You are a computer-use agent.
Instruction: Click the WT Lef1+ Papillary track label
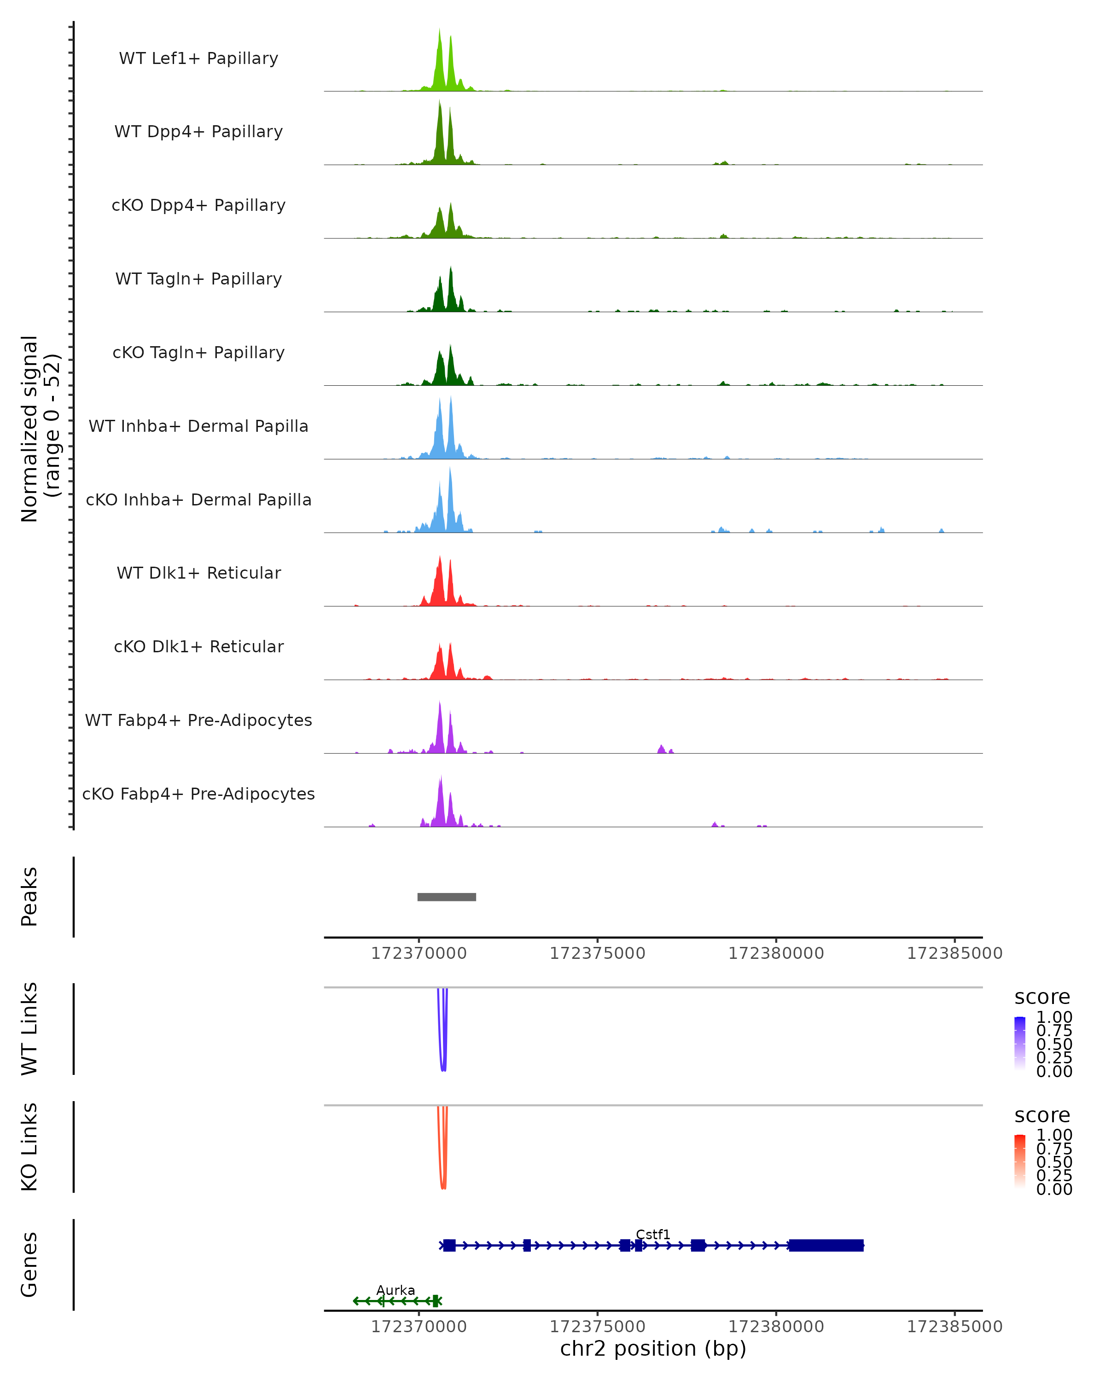[x=198, y=58]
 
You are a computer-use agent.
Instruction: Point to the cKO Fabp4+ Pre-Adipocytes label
[x=198, y=794]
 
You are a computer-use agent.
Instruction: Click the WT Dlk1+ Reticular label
[x=198, y=573]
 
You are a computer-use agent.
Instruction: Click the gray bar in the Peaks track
[x=447, y=897]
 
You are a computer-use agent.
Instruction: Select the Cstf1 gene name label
[x=653, y=1234]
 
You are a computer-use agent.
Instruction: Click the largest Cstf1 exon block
[x=826, y=1245]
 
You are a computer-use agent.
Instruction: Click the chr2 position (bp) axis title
[x=653, y=1348]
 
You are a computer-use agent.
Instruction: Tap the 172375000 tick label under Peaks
[x=597, y=953]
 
